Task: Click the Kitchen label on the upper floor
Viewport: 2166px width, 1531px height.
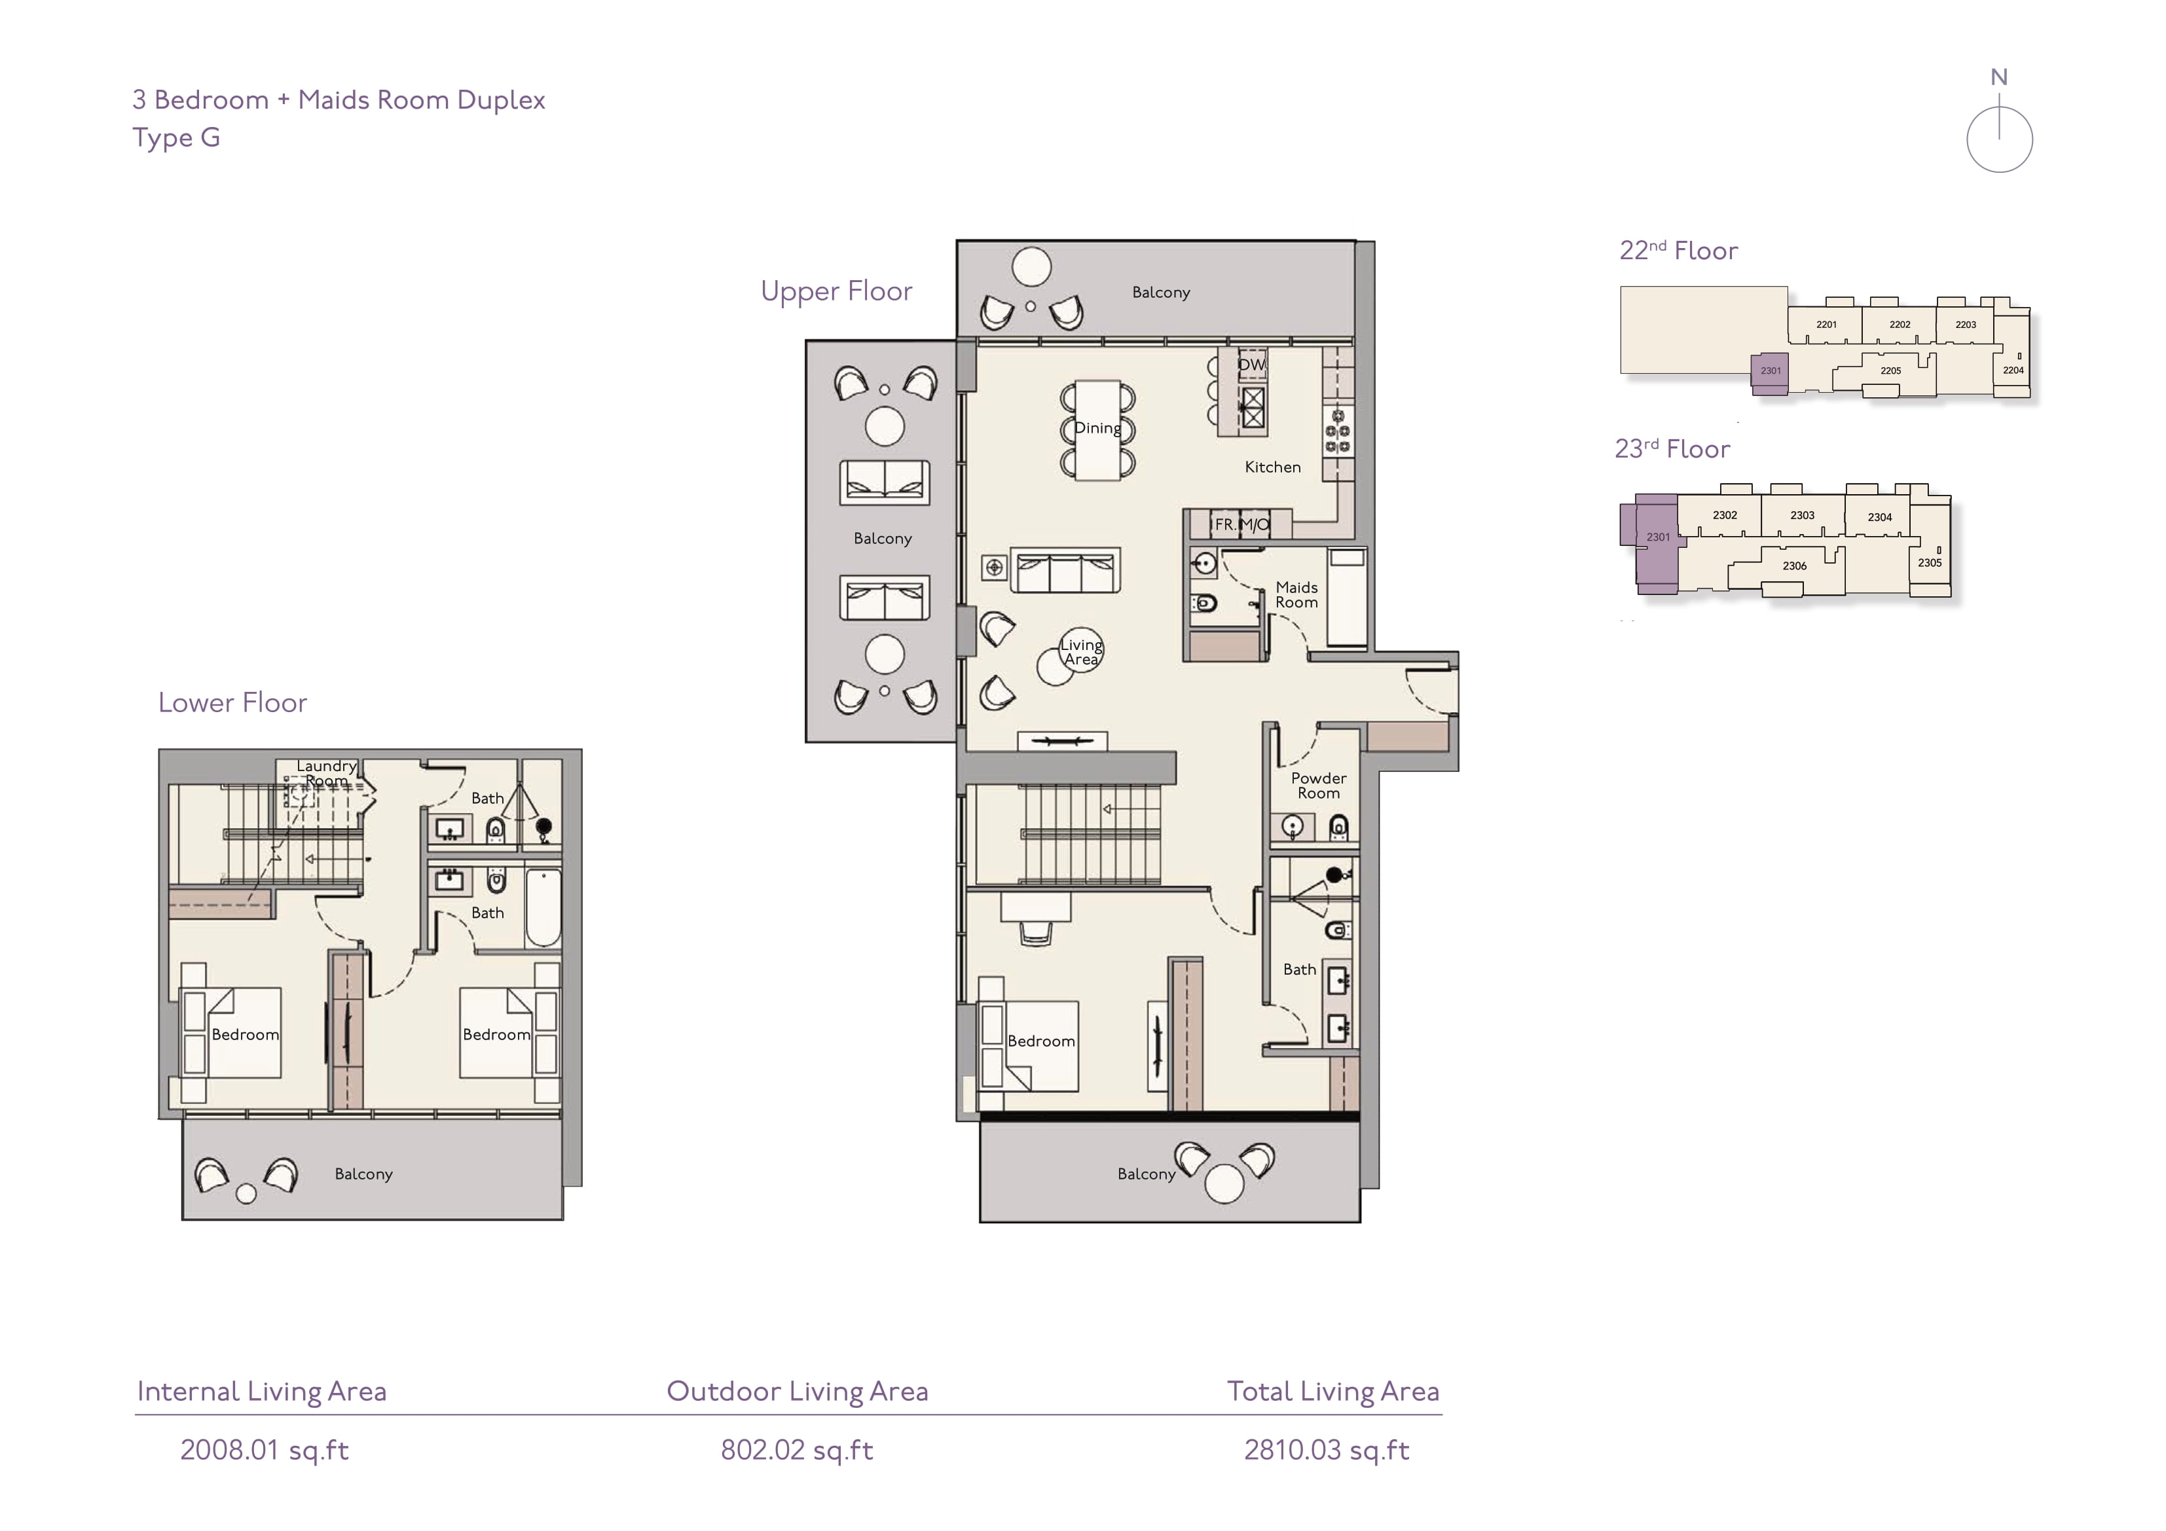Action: click(1273, 467)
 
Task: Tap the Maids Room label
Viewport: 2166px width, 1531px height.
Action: click(1297, 594)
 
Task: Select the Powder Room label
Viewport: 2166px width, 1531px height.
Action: click(1319, 785)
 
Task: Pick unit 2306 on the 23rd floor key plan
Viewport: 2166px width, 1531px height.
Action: click(1794, 566)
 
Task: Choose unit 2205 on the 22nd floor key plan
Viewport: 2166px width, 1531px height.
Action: click(1890, 370)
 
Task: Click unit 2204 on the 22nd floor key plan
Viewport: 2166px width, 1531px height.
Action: click(2013, 370)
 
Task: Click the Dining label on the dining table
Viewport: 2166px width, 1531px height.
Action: click(1098, 427)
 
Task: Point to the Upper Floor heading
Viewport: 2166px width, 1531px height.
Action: click(837, 291)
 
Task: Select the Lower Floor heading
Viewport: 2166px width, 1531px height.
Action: click(233, 703)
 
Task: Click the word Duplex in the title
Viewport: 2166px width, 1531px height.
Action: click(501, 100)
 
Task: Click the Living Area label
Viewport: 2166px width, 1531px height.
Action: click(1081, 652)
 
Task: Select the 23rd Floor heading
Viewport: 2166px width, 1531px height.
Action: click(1672, 448)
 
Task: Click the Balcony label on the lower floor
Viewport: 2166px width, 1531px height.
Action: click(363, 1174)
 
